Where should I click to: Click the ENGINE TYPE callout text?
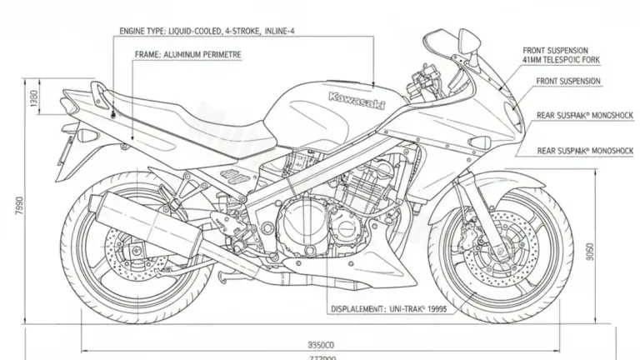point(208,32)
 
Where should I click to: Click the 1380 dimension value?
point(33,105)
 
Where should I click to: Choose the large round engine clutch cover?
point(299,222)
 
